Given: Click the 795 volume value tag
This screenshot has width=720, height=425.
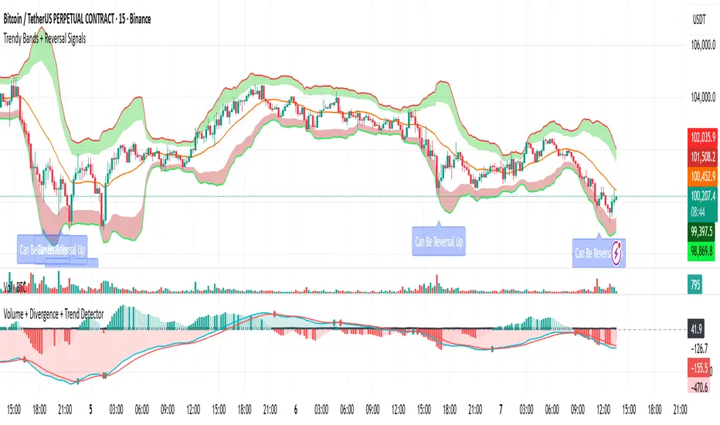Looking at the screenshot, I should tap(695, 287).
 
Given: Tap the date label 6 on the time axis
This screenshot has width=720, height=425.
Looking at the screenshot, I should tap(296, 407).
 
